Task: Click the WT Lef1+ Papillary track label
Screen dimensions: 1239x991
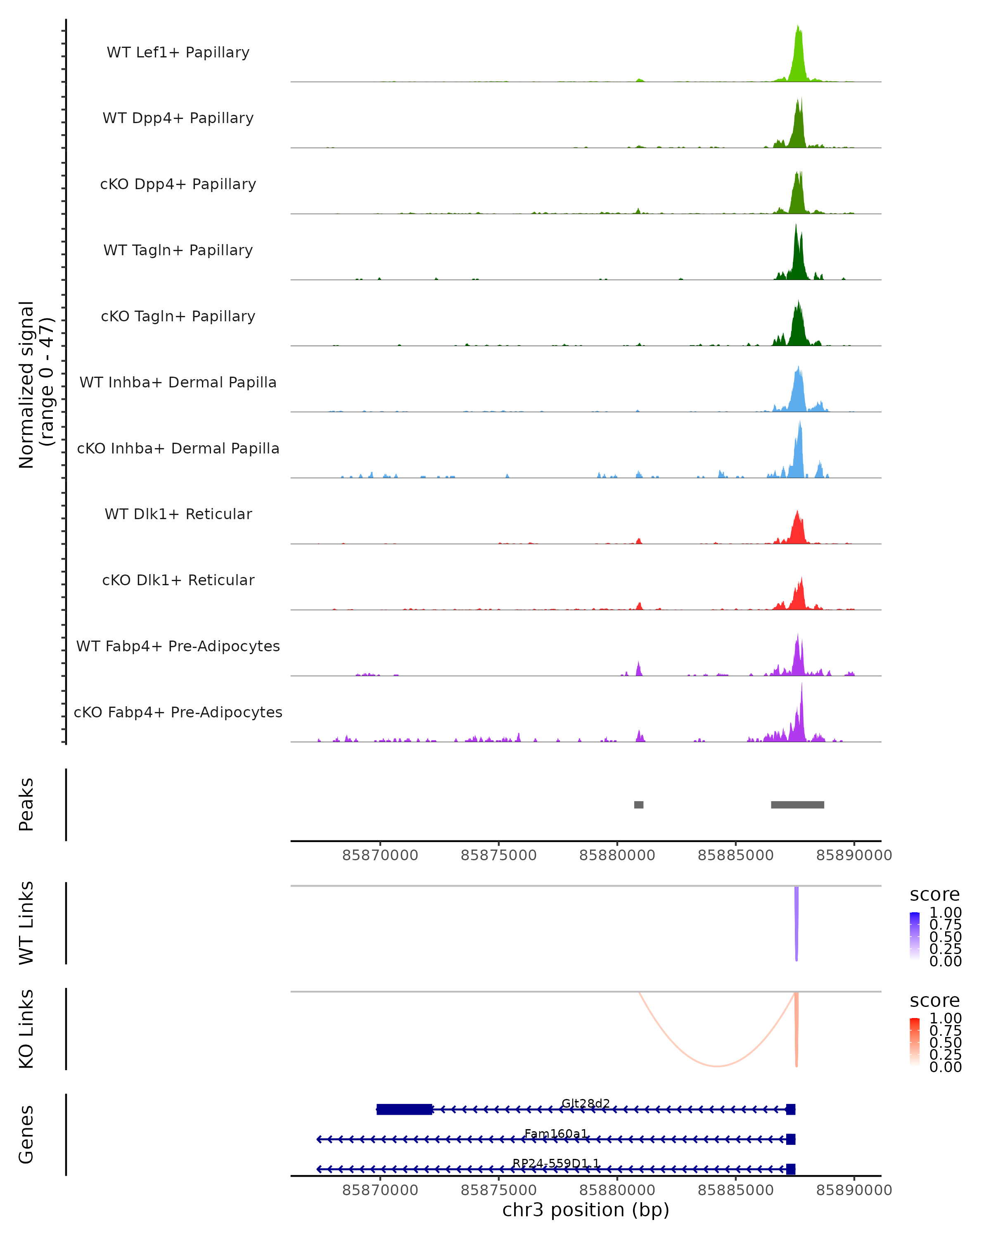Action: point(178,52)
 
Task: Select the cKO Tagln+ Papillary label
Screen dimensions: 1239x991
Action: point(178,316)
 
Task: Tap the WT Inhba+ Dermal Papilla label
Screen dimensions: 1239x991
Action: point(178,382)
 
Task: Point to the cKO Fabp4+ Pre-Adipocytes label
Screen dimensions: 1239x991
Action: point(178,712)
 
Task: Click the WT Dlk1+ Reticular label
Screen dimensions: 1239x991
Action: point(178,514)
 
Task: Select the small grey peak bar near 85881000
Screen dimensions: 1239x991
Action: point(638,805)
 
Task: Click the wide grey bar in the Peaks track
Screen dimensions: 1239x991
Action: point(797,805)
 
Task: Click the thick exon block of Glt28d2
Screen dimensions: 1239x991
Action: point(404,1109)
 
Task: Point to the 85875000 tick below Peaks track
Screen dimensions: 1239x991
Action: point(499,855)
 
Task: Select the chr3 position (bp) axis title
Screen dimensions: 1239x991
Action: point(586,1210)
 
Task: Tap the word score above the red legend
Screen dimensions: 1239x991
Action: point(935,1001)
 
